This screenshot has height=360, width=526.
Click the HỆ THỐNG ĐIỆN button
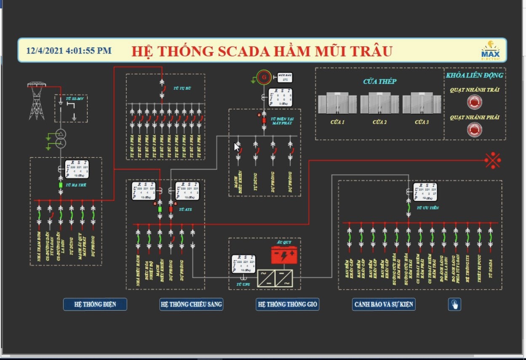coord(95,304)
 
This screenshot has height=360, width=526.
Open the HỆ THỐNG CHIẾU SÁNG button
coord(191,304)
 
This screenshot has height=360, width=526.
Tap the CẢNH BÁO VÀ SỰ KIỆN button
coord(384,304)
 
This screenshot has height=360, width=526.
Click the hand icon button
coord(454,304)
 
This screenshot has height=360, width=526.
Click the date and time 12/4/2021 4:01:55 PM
coord(69,51)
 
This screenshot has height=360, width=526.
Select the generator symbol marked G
coord(264,77)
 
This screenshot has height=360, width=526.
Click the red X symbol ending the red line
coord(493,160)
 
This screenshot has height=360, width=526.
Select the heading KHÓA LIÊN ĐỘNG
coord(475,75)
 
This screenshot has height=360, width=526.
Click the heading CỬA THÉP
coord(379,81)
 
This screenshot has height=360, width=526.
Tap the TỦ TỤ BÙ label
coord(181,89)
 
